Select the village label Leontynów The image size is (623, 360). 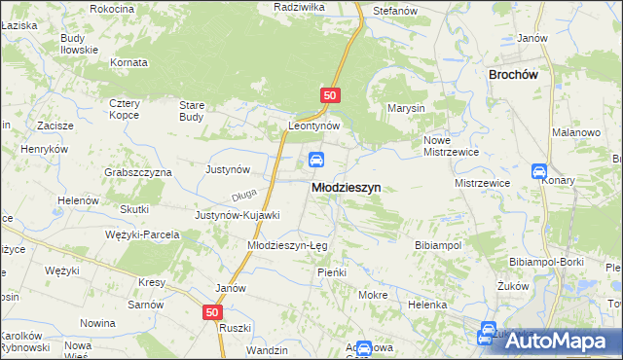[313, 126]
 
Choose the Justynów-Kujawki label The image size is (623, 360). [238, 215]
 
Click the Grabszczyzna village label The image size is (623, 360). [137, 172]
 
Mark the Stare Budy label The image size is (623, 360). [191, 110]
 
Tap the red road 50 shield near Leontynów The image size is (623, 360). [330, 95]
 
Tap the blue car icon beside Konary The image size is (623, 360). [539, 171]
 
